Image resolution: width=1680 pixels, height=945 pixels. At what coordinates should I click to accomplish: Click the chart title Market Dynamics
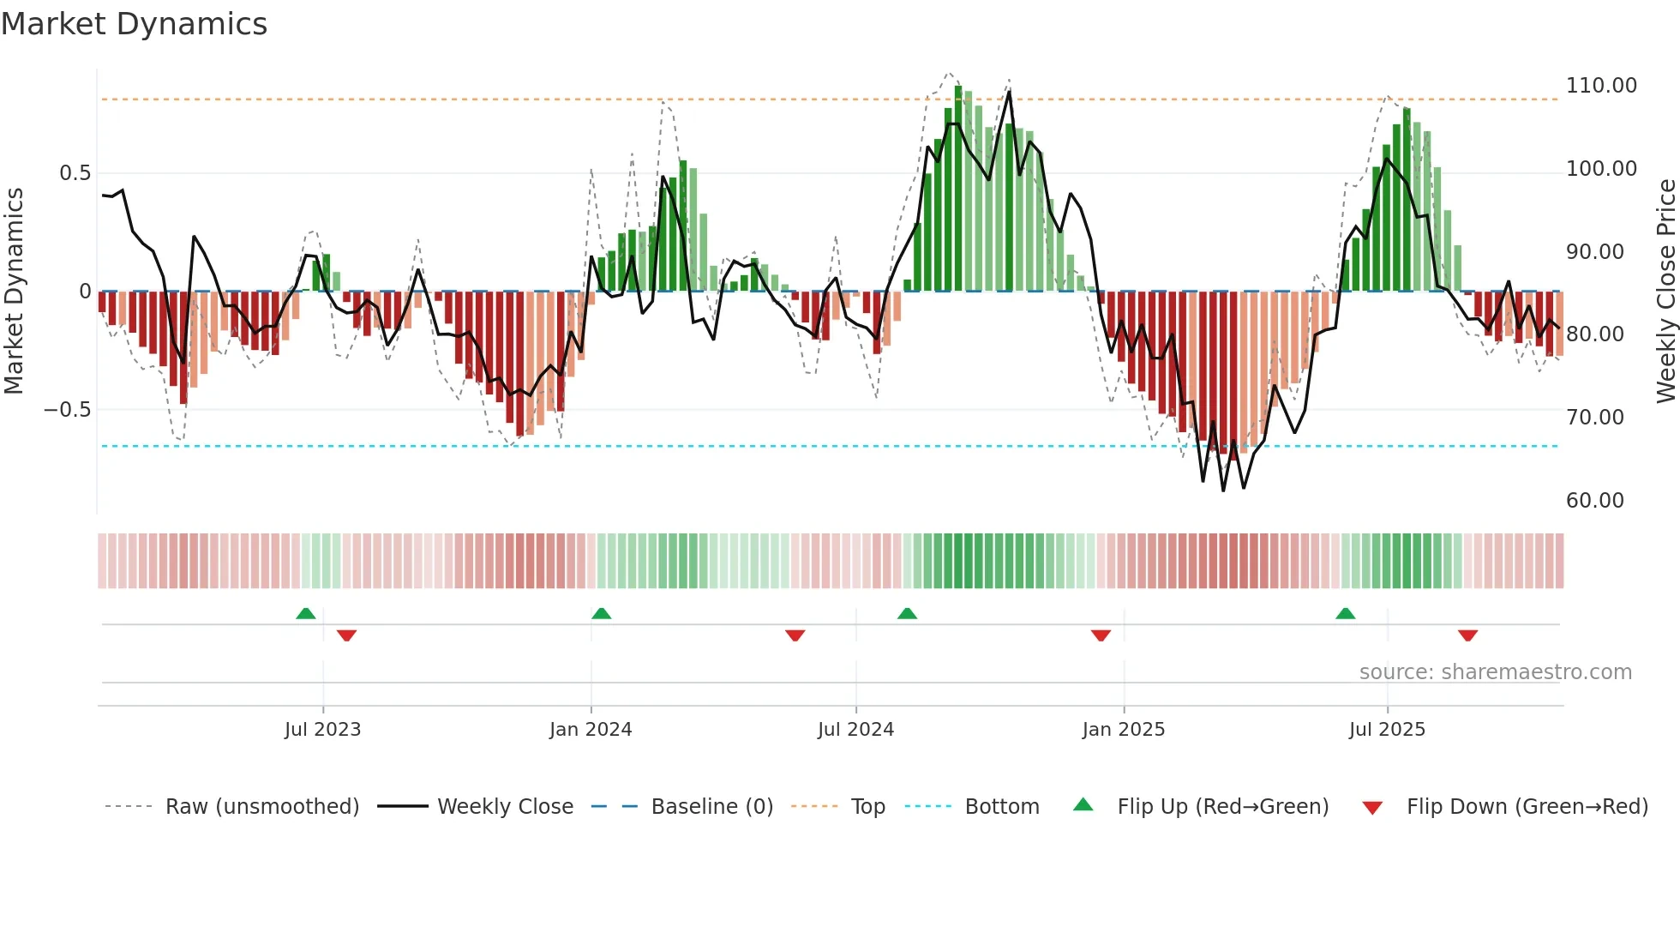(x=135, y=24)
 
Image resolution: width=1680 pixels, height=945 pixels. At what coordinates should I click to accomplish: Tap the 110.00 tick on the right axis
(x=1600, y=86)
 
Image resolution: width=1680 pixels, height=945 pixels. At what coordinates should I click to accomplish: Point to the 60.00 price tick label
(x=1594, y=501)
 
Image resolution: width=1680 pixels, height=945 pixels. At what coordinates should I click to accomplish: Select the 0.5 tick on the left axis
(x=75, y=173)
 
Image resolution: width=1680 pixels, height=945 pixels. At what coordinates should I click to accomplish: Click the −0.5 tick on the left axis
(x=68, y=410)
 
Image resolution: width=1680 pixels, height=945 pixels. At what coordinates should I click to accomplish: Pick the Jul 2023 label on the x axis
(x=322, y=730)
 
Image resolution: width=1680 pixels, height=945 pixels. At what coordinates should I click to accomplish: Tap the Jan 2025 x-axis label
(x=1123, y=730)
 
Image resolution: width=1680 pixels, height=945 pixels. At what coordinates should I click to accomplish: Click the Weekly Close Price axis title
(x=1665, y=292)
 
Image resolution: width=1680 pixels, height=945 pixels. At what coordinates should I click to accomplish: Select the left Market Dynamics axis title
(x=14, y=292)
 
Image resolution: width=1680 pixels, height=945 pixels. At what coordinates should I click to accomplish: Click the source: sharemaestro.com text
(x=1495, y=672)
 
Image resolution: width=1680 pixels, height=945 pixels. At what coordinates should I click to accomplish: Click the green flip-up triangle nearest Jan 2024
(x=601, y=614)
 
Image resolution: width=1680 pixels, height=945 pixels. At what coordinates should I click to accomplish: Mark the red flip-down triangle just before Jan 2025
(x=1101, y=635)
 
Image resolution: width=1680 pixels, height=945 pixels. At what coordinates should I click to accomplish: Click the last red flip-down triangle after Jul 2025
(x=1467, y=635)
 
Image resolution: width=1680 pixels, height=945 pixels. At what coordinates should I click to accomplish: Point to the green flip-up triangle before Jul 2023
(x=305, y=614)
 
